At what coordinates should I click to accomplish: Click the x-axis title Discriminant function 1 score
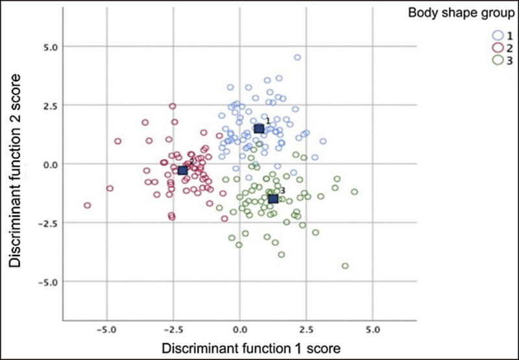(241, 349)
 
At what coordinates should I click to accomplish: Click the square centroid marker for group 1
(259, 129)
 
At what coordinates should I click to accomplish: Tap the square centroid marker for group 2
(183, 170)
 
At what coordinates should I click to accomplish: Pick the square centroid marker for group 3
(273, 198)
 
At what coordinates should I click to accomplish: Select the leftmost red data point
(87, 206)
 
